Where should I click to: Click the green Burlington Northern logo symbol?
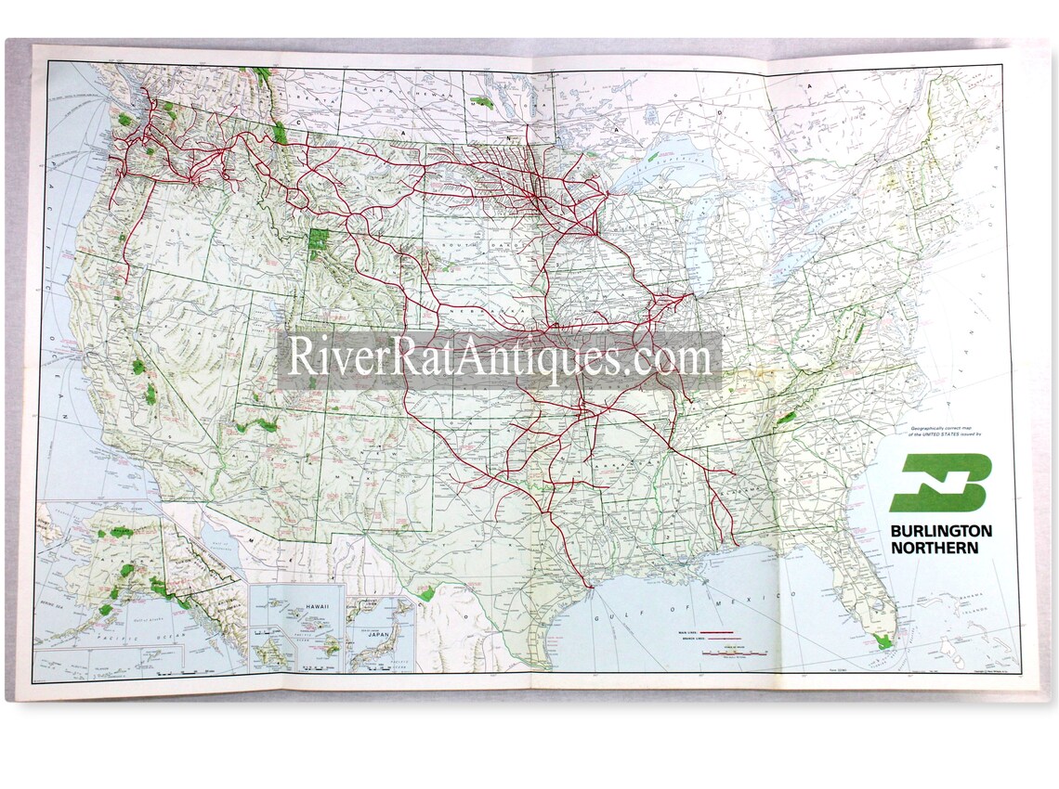tap(940, 483)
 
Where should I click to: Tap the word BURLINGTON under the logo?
tap(940, 531)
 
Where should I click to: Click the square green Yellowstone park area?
tap(319, 243)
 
